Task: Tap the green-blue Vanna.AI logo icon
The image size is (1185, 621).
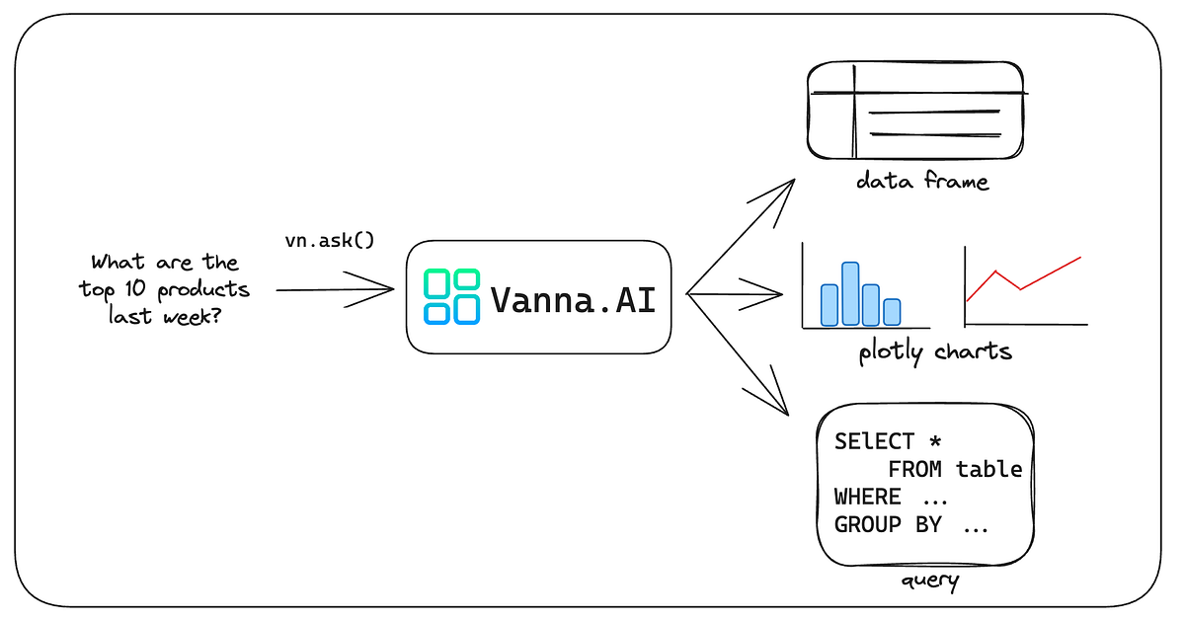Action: [x=452, y=297]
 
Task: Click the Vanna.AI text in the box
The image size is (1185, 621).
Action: [x=573, y=298]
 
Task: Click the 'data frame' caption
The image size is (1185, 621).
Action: [x=920, y=182]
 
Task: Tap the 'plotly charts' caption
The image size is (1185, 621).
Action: [x=935, y=350]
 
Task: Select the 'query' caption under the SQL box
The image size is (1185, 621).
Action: [x=929, y=581]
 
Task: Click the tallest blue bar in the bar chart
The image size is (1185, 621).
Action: [x=850, y=294]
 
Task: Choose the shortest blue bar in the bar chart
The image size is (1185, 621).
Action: [x=892, y=312]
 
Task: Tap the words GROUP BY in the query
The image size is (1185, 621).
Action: [x=888, y=524]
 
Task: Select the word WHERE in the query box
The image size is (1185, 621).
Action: [x=867, y=497]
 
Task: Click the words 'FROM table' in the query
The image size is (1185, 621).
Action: [x=954, y=469]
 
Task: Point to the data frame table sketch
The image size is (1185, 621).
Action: [x=915, y=111]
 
